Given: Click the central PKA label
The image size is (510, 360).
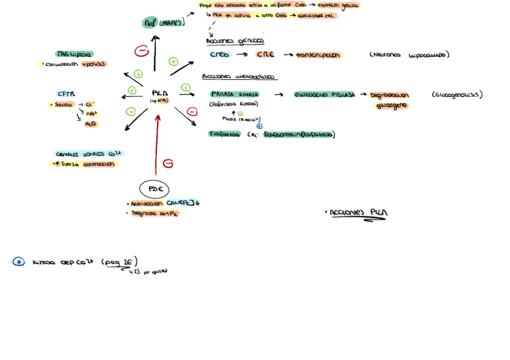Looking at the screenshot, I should coord(159,94).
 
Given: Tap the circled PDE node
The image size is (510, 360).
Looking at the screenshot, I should coord(154,189).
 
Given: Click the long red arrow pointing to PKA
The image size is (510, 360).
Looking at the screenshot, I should coord(156,144).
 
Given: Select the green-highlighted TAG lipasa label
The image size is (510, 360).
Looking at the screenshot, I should coord(74,54).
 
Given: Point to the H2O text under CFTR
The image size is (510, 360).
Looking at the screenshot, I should coord(91,124).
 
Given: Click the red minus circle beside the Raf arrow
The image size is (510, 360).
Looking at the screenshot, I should coord(142,51).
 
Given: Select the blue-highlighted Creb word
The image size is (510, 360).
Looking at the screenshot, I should coord(220,55).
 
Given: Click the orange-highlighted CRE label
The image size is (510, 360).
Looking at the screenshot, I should coord(265,55).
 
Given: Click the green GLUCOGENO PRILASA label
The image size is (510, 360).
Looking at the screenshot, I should coord(324,94).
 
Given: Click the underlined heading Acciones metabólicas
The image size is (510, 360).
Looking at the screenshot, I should coord(239,77).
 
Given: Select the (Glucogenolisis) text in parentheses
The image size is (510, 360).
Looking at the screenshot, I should coord(457,94).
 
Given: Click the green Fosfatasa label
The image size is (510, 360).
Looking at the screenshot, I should coord(224,134).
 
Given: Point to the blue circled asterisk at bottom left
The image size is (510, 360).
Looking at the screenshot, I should coord(19,261).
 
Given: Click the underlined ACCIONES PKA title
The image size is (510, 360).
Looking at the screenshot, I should coord(358,213).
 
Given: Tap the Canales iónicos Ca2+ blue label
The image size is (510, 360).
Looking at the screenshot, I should coord(88,154).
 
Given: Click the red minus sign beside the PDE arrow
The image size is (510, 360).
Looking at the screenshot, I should coord(168,163).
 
